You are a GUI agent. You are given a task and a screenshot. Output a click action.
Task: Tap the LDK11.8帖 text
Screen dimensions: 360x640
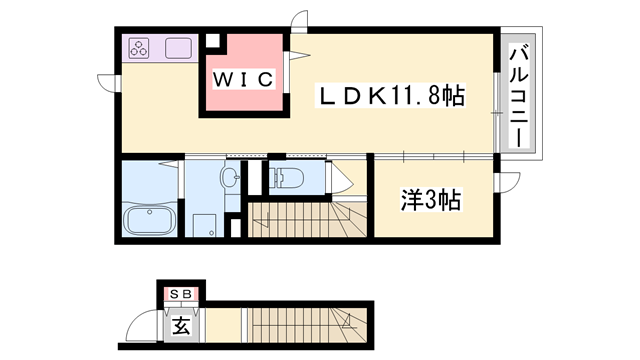[x=390, y=97]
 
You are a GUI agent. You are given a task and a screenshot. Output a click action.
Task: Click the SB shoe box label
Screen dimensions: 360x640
[x=182, y=293]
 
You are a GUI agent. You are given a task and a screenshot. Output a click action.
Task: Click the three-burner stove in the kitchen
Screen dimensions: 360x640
[x=139, y=48]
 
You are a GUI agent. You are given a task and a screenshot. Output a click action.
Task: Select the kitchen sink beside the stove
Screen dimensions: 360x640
[x=179, y=48]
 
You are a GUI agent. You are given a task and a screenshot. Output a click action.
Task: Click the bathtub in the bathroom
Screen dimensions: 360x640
[x=148, y=219]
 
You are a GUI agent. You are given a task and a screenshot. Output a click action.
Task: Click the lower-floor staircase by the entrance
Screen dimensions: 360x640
[x=300, y=324]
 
